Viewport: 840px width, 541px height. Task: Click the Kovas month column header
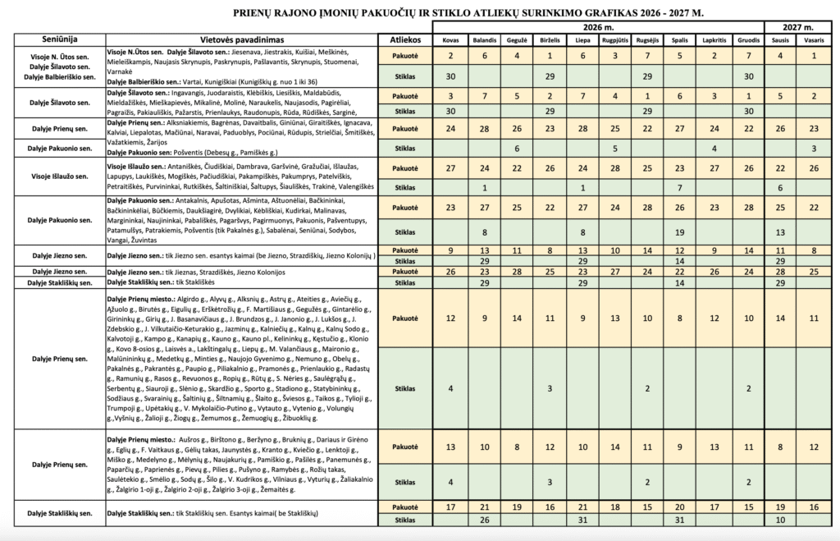click(x=450, y=39)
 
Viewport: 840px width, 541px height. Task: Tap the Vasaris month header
click(x=814, y=39)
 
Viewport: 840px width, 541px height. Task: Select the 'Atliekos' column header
click(x=406, y=39)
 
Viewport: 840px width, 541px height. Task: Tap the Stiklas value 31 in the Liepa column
click(x=582, y=519)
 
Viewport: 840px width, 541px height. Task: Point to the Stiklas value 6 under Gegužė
click(x=516, y=148)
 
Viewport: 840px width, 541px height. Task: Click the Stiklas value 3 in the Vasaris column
click(x=814, y=148)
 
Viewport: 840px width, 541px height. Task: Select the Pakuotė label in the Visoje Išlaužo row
click(x=406, y=167)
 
